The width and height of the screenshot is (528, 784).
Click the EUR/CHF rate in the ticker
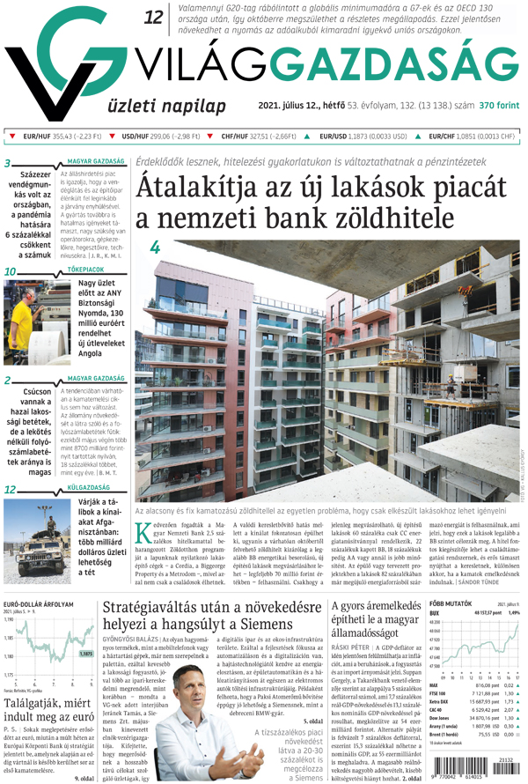pos(471,137)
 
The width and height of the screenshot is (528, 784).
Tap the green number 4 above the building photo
pos(155,249)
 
